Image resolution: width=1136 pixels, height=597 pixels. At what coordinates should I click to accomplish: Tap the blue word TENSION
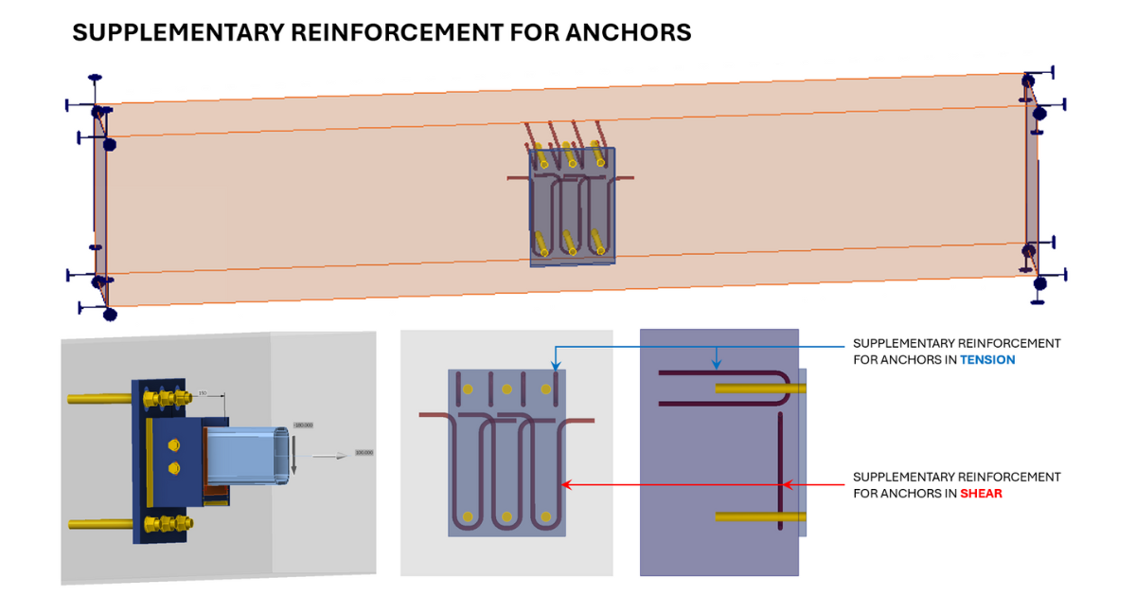tap(989, 360)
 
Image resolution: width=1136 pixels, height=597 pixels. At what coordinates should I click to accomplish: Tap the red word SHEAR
tap(982, 494)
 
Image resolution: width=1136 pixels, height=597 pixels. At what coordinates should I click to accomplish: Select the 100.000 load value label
tap(364, 453)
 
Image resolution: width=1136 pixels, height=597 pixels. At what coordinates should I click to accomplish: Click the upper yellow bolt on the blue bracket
tap(171, 444)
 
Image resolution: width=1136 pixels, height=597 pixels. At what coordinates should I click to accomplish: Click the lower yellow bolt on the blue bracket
tap(171, 467)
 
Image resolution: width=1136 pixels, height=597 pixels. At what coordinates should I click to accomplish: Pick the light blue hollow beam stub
tap(248, 455)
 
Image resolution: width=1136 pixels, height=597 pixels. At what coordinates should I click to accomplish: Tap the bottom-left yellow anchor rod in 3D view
tap(98, 523)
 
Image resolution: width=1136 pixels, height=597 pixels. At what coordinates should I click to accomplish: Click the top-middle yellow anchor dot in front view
tap(507, 389)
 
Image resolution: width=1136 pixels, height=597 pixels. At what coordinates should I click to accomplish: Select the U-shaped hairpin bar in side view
tap(729, 388)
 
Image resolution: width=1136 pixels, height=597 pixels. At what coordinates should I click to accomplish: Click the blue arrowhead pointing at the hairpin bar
tap(717, 364)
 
